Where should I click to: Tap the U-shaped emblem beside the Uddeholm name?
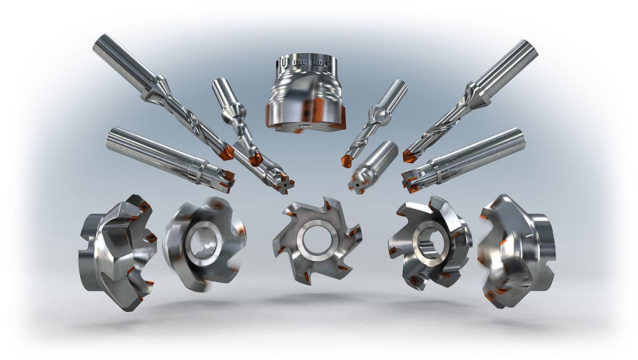pyautogui.click(x=286, y=63)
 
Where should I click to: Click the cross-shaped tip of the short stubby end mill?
pyautogui.click(x=354, y=183)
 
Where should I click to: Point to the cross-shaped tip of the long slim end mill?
pyautogui.click(x=288, y=183)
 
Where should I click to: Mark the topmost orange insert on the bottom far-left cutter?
pyautogui.click(x=143, y=204)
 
